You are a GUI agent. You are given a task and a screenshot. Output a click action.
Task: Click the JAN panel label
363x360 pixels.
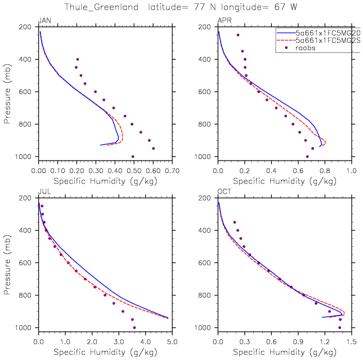[44, 21]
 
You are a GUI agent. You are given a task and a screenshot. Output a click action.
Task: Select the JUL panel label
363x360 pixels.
[43, 192]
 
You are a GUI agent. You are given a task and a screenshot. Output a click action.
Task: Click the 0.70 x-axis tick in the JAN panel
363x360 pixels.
[172, 170]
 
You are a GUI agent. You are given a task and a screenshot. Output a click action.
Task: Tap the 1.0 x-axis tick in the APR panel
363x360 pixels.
[351, 170]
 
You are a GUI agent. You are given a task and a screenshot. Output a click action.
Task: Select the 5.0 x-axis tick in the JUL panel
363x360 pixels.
[172, 341]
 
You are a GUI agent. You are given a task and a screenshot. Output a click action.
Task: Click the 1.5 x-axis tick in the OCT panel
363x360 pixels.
[351, 341]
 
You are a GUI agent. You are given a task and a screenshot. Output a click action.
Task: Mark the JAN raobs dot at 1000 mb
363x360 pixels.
[133, 157]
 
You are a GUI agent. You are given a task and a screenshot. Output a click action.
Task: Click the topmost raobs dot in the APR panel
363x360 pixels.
[238, 35]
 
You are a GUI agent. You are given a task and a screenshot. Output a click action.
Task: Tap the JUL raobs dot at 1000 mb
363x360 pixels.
[134, 327]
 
